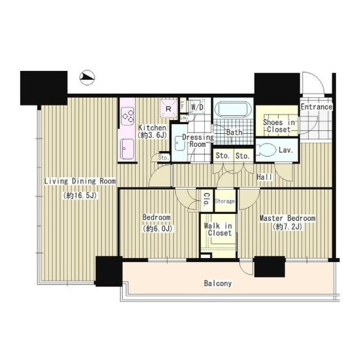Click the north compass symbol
(88, 77)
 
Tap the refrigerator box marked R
(168, 108)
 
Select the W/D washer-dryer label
(197, 107)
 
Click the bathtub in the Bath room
(233, 110)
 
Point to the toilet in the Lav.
(266, 150)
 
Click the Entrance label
(317, 107)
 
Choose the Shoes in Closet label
(279, 126)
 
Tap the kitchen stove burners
(128, 116)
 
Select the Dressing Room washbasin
(179, 143)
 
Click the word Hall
(264, 177)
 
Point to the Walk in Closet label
(218, 229)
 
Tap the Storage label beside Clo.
(225, 201)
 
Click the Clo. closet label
(206, 199)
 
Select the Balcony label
(218, 283)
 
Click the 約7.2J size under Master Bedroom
(287, 227)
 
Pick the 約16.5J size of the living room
(81, 196)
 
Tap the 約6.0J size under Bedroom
(157, 228)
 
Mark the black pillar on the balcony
(270, 266)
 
